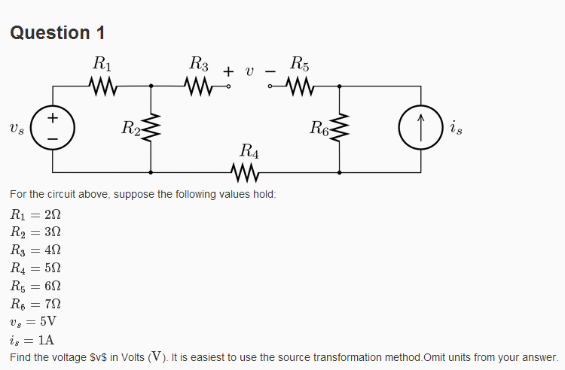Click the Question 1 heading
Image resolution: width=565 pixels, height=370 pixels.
point(57,32)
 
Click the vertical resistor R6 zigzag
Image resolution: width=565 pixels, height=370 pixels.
point(340,129)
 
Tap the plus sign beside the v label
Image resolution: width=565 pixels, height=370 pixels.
point(228,71)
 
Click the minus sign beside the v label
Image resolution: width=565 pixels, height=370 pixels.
point(270,71)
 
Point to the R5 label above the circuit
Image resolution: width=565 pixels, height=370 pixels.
point(299,63)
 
